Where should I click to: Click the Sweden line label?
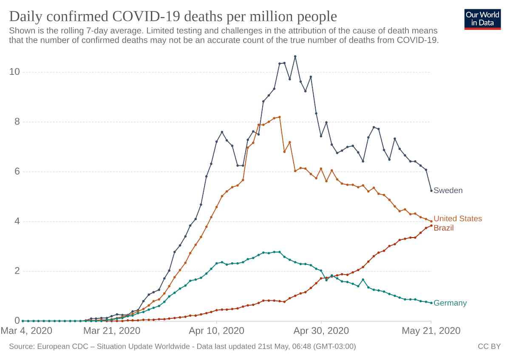point(448,190)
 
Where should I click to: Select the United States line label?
point(458,218)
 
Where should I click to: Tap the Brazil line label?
point(443,228)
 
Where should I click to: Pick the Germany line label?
point(450,303)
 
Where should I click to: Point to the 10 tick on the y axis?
point(15,72)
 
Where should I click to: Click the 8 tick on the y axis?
point(17,122)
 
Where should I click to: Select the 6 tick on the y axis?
point(17,172)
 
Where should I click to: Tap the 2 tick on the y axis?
point(17,271)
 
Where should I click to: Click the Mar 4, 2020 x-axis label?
point(27,331)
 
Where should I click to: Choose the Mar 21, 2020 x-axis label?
point(112,331)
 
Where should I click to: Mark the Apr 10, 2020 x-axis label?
point(216,331)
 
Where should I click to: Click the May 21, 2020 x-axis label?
point(431,331)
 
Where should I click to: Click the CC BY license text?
point(489,347)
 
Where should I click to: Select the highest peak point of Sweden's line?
point(295,57)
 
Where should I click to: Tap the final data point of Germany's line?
point(431,303)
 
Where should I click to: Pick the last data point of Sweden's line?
point(431,190)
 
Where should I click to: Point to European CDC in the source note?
point(61,347)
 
